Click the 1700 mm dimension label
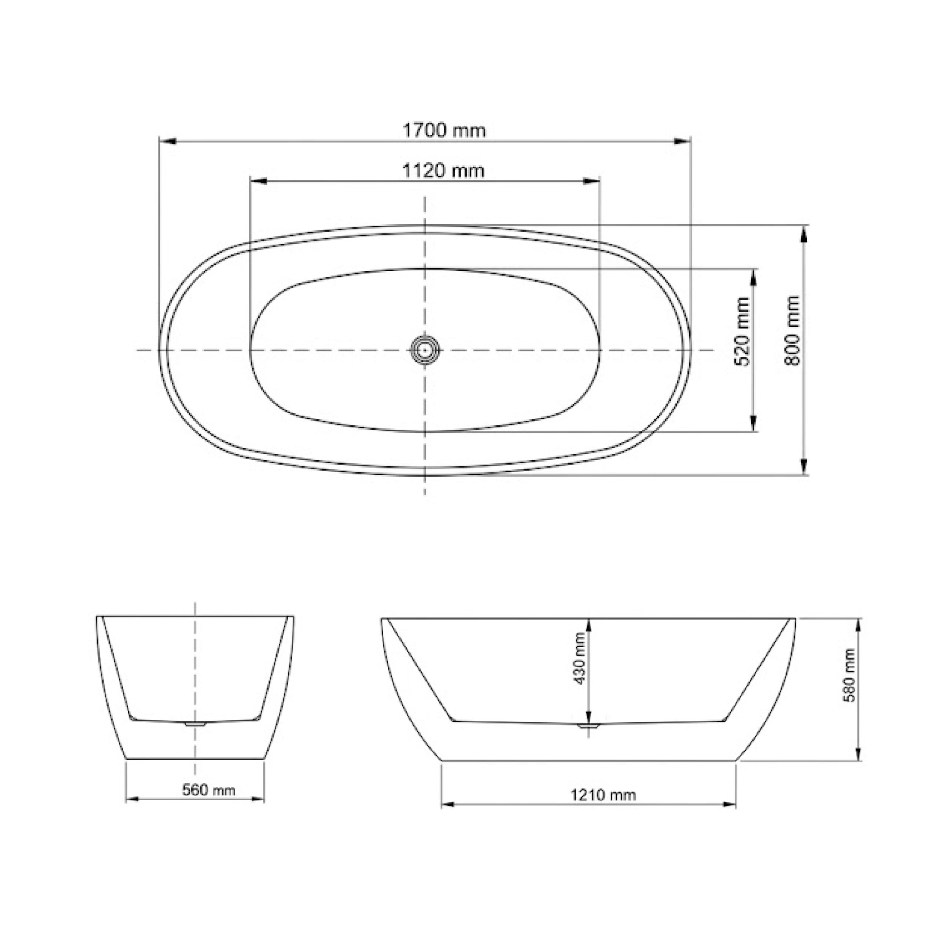click(x=444, y=130)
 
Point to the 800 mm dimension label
click(x=792, y=330)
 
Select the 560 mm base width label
click(x=209, y=790)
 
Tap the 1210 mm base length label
click(x=602, y=795)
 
